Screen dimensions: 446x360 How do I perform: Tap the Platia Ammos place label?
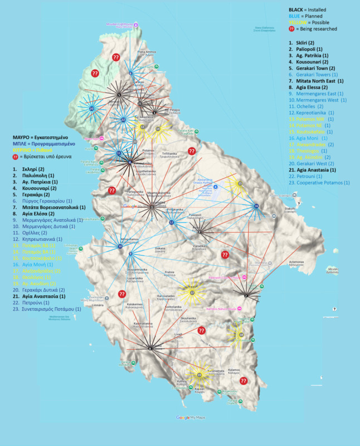pos(146,53)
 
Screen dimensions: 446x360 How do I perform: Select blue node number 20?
pos(91,109)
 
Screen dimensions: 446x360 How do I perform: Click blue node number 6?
pos(130,74)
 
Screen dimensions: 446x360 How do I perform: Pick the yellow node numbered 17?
pos(192,292)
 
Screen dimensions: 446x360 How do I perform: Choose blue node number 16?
pos(256,206)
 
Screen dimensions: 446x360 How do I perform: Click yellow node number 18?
pos(242,334)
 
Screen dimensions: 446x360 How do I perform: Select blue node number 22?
pos(172,222)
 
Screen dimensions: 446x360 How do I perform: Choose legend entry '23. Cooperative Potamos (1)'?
pos(319,182)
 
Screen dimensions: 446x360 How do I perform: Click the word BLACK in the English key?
pos(296,10)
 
